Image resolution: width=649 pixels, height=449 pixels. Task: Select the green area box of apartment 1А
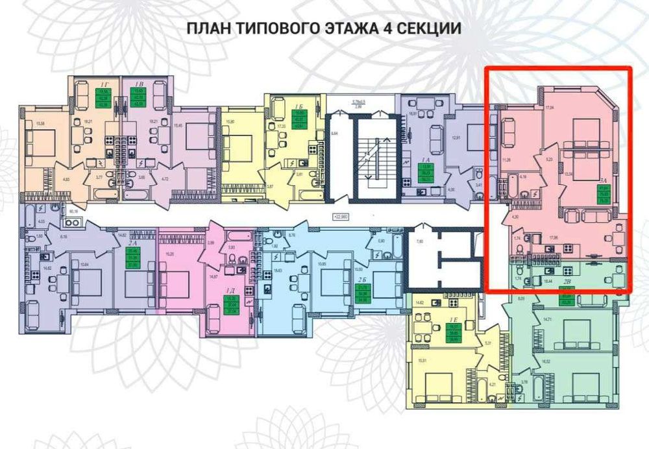(x=426, y=175)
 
